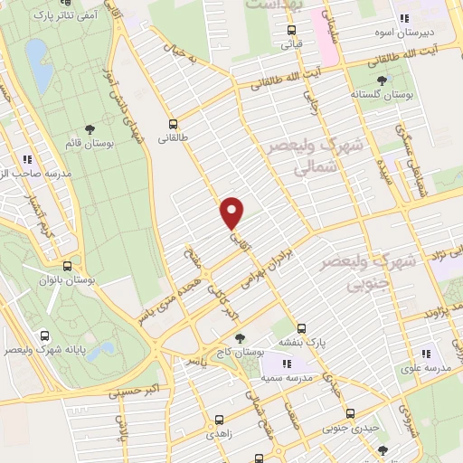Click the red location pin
tap(232, 213)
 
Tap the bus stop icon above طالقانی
tap(173, 124)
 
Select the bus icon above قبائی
tap(290, 27)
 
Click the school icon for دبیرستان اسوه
tap(404, 18)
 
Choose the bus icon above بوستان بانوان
tap(68, 267)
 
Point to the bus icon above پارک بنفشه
tap(302, 327)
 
